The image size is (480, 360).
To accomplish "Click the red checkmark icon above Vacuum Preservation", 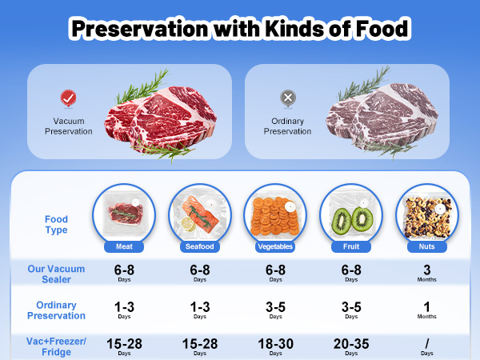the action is tap(68, 98).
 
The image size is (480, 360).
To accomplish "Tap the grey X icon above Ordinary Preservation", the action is tap(288, 98).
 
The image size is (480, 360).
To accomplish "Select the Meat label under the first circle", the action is tap(124, 246).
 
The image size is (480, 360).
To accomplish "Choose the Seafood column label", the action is tap(199, 246).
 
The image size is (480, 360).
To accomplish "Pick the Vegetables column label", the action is tap(275, 246).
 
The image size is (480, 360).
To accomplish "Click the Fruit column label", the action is tap(351, 246).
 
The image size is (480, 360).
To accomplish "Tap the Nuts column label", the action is tap(426, 246).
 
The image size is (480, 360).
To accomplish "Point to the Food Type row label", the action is tap(56, 224).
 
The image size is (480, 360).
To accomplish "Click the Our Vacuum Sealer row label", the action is tap(56, 274).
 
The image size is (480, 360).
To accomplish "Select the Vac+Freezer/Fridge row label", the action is tap(56, 346).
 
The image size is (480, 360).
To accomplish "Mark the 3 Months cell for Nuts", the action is tap(426, 273).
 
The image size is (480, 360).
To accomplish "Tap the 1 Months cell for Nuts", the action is tap(426, 310).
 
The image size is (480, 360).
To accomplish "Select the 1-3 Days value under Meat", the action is tap(124, 310).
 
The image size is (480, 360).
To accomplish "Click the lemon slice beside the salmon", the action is tap(189, 224).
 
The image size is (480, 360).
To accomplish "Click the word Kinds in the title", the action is tap(294, 29).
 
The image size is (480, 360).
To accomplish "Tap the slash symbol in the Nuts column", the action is tap(427, 344).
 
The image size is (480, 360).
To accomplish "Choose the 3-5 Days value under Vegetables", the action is tap(275, 310).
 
